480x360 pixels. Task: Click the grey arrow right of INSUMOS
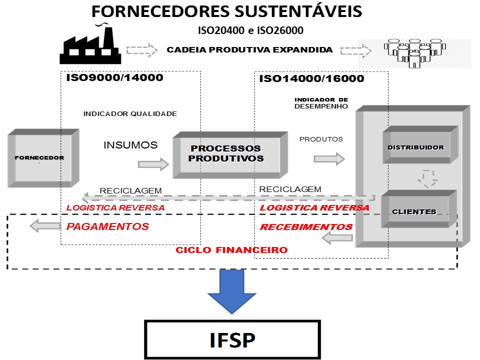click(x=153, y=163)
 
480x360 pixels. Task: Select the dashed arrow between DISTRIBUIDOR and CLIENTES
click(x=427, y=178)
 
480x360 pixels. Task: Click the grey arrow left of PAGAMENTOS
click(x=44, y=226)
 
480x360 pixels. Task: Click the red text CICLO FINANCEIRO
click(x=231, y=249)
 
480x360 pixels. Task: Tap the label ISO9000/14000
click(x=114, y=78)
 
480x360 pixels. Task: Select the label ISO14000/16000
click(x=311, y=79)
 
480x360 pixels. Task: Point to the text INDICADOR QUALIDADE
click(x=130, y=113)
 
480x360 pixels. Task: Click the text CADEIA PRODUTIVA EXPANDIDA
click(x=249, y=50)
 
